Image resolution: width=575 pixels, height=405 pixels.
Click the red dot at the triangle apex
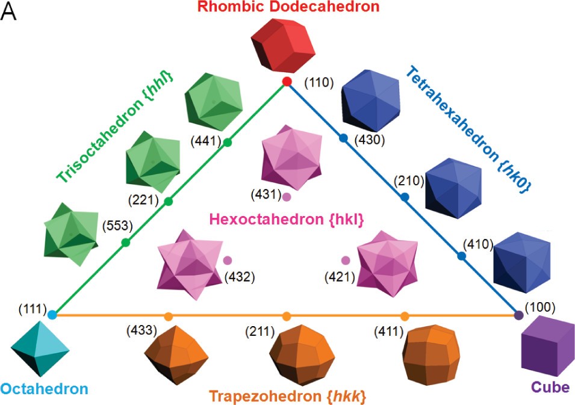point(287,82)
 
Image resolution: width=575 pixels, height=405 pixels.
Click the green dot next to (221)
point(169,201)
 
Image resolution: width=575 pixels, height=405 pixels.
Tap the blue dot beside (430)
point(344,138)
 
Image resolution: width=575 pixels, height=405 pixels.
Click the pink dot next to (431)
point(287,196)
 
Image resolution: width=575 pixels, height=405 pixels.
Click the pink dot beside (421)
point(346,261)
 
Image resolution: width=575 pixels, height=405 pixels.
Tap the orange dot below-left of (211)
point(287,315)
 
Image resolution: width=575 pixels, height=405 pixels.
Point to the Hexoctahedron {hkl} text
point(287,220)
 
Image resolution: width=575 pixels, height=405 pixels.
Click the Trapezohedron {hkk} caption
point(288,397)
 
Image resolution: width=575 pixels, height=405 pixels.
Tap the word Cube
point(549,387)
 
